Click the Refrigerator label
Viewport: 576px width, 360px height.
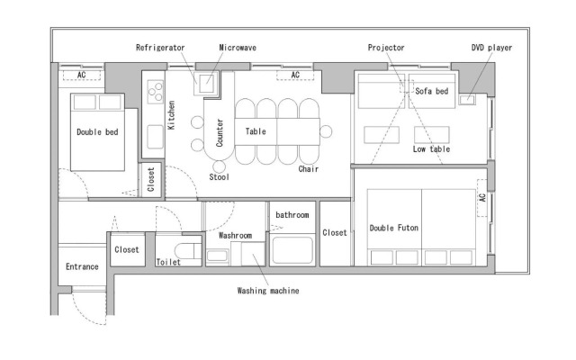click(x=161, y=47)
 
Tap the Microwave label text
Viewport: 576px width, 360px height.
click(x=235, y=47)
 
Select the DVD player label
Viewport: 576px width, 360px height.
click(x=492, y=47)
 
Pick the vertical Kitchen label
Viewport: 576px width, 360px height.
click(x=171, y=117)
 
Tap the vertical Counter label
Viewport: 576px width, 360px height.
click(x=219, y=131)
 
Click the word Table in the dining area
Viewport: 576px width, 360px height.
click(x=256, y=130)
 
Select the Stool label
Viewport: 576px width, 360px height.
click(x=220, y=176)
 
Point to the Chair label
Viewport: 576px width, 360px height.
click(x=309, y=168)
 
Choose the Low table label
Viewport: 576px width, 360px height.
click(x=431, y=148)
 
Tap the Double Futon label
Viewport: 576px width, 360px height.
click(x=394, y=228)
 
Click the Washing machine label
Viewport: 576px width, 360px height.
click(x=268, y=291)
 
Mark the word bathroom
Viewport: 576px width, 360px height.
click(x=292, y=215)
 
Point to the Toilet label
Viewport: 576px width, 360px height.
click(x=168, y=262)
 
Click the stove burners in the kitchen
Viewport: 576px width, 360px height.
click(x=153, y=90)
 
